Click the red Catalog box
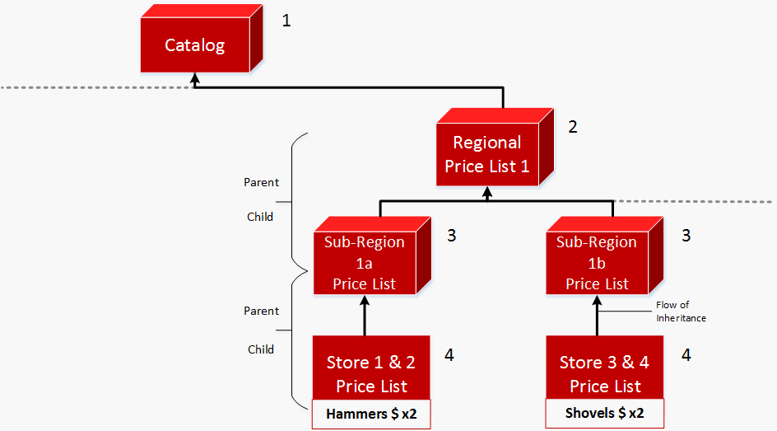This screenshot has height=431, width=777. click(x=195, y=45)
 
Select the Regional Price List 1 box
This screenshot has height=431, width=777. click(x=486, y=154)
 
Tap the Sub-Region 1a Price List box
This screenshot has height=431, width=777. click(x=364, y=263)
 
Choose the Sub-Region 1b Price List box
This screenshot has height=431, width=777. click(x=597, y=263)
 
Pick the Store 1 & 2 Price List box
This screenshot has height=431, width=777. click(x=371, y=373)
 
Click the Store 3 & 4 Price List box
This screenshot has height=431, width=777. click(x=604, y=373)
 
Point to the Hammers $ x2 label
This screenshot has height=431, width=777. click(x=371, y=415)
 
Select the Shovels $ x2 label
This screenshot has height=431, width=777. click(x=604, y=413)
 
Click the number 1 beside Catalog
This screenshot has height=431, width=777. click(x=286, y=20)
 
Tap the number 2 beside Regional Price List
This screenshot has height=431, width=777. click(x=573, y=127)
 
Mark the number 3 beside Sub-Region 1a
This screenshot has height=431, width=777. click(x=451, y=236)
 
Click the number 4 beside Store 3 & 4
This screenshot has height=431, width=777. click(x=686, y=355)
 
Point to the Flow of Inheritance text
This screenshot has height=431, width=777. click(x=680, y=312)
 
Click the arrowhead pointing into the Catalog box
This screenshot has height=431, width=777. click(x=195, y=78)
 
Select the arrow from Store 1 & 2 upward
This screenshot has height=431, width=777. click(x=364, y=317)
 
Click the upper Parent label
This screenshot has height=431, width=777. click(x=262, y=182)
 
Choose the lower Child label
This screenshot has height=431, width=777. click(x=261, y=349)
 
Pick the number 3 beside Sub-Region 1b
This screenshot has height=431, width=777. click(x=686, y=236)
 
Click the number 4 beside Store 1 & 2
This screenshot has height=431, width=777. click(x=449, y=355)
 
